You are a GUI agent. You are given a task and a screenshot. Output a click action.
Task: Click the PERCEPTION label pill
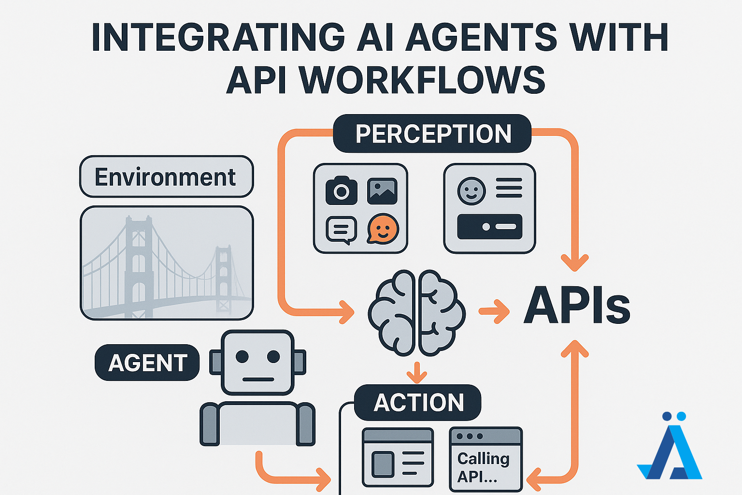pos(432,133)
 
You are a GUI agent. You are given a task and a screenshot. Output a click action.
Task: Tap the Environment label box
pos(167,176)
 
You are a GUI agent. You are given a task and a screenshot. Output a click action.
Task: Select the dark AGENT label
pos(147,363)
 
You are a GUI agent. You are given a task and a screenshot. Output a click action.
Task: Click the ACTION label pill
pos(418,403)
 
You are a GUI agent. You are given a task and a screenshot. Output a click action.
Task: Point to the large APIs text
pos(577,305)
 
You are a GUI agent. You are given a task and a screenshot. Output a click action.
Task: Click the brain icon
pos(417,313)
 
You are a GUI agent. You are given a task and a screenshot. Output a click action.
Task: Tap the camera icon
pos(342,190)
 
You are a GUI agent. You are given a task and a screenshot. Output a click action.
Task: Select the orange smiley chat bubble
pos(383,229)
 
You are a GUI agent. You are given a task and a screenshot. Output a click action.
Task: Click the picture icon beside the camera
pos(382,191)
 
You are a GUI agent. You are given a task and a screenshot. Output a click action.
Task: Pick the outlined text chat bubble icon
pos(342,230)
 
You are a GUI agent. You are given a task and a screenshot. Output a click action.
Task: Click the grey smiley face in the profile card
pos(471,191)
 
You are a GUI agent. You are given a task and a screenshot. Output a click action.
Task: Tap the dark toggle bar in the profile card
pos(489,227)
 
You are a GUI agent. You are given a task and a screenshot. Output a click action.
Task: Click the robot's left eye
pos(242,356)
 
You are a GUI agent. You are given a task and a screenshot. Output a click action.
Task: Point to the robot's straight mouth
pos(258,379)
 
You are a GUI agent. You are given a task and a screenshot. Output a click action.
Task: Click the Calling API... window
pos(486,459)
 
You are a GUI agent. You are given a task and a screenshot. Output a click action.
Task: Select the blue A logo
pos(670,446)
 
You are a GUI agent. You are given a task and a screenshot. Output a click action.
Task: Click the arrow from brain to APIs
pos(494,311)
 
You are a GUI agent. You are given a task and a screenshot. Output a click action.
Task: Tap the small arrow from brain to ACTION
pos(417,373)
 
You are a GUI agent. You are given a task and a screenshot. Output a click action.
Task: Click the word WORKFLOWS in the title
pos(424,80)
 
